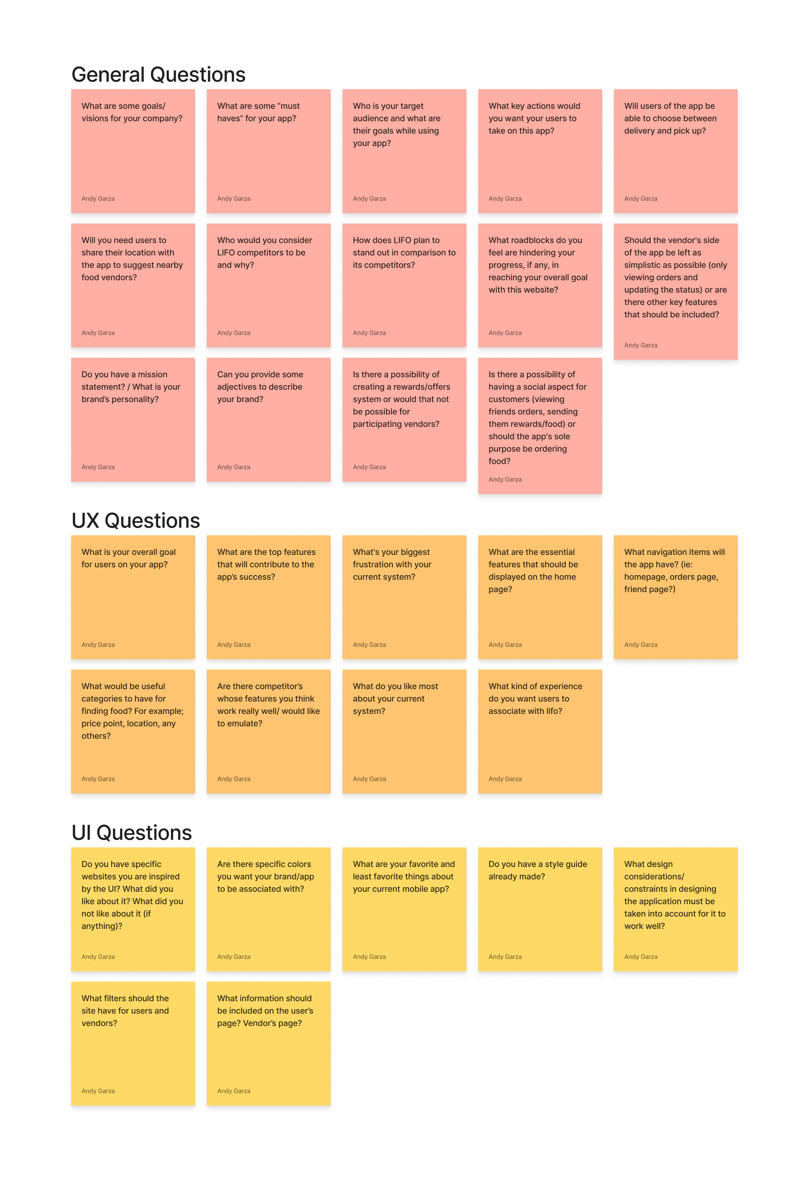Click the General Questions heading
click(x=159, y=75)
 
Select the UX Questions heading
click(x=136, y=521)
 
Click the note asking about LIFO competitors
click(x=269, y=285)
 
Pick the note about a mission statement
click(x=133, y=419)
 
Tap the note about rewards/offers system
click(x=404, y=419)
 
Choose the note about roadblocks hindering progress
click(x=540, y=285)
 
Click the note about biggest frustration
click(x=404, y=597)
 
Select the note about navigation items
click(x=675, y=597)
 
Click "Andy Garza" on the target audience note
click(x=369, y=199)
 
